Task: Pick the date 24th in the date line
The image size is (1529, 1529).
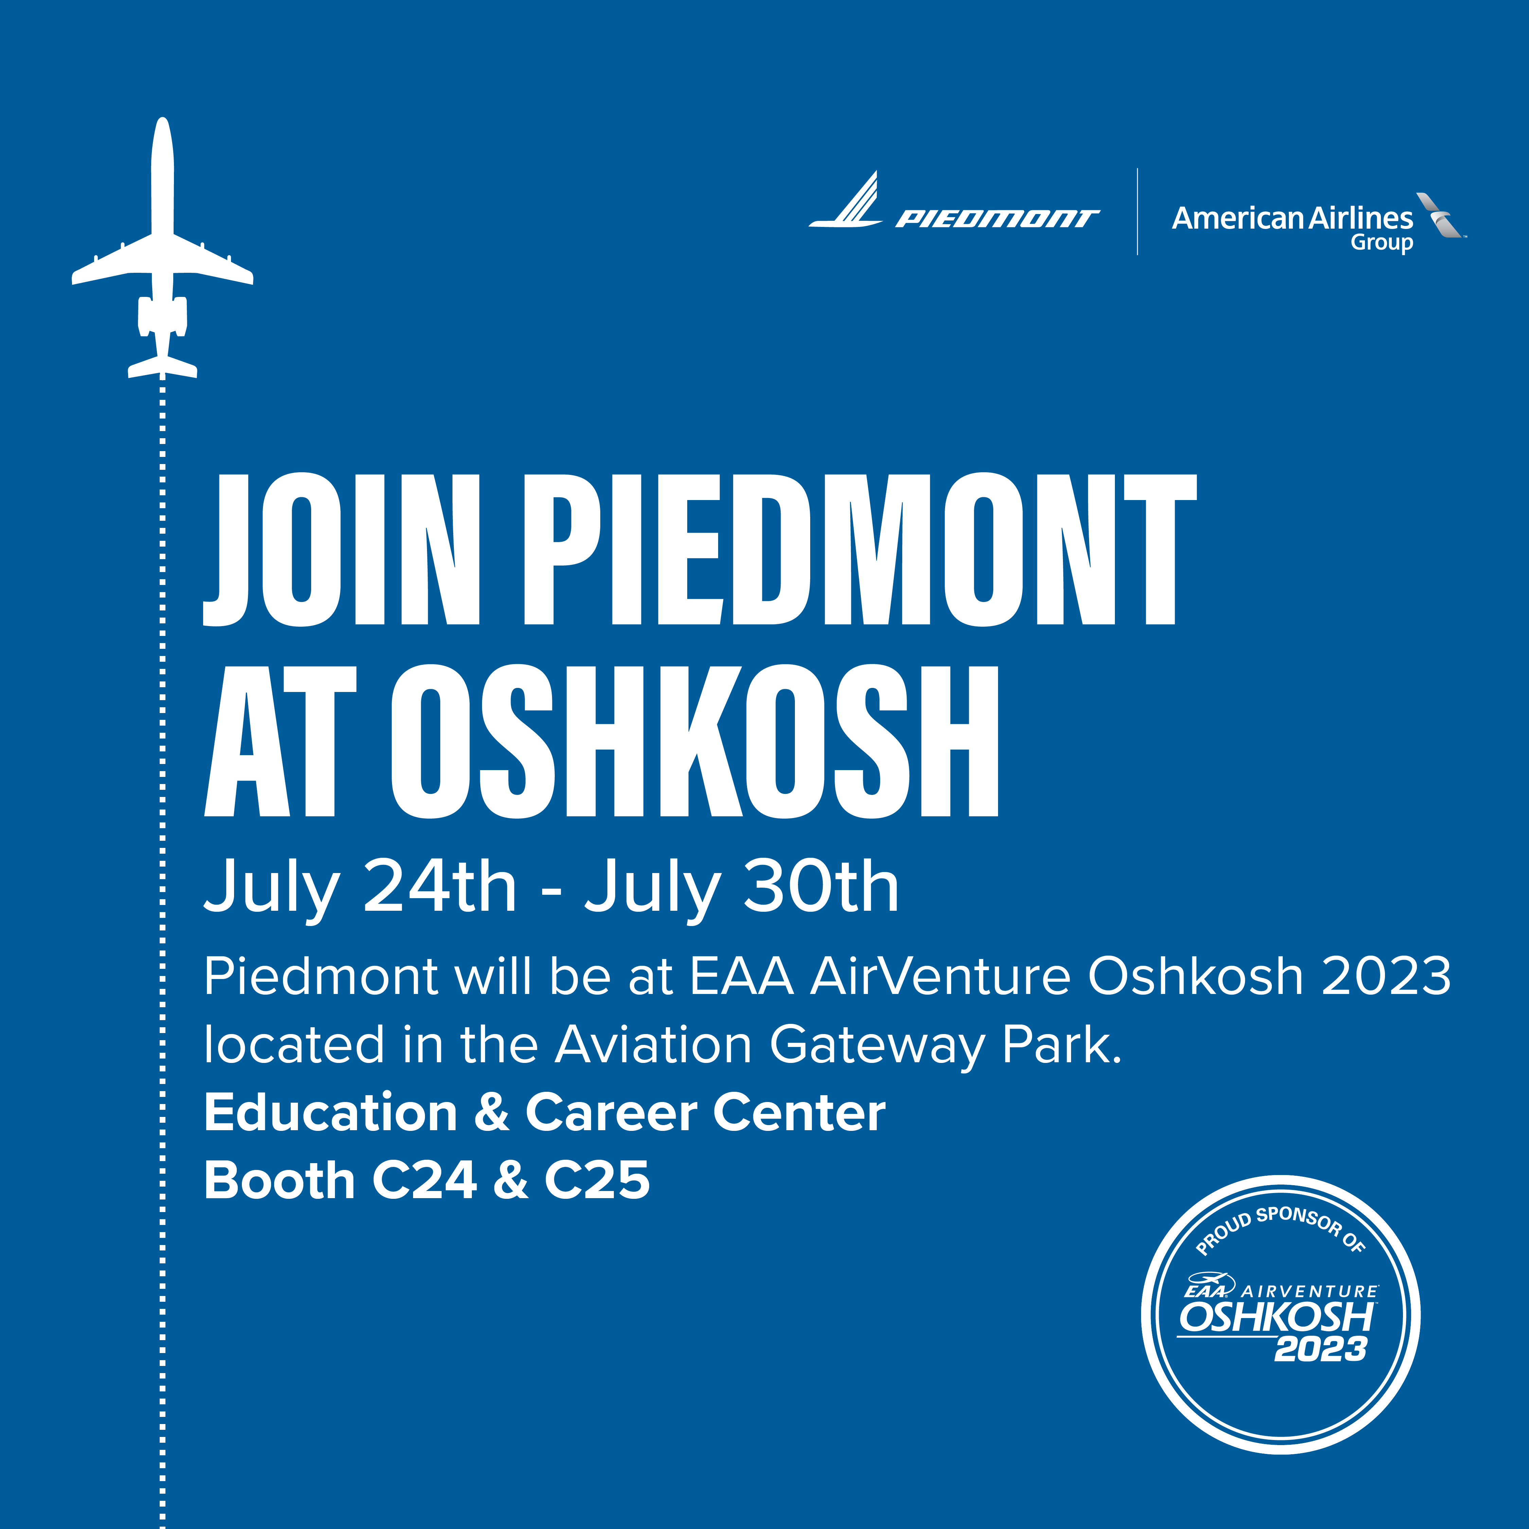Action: tap(439, 886)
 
